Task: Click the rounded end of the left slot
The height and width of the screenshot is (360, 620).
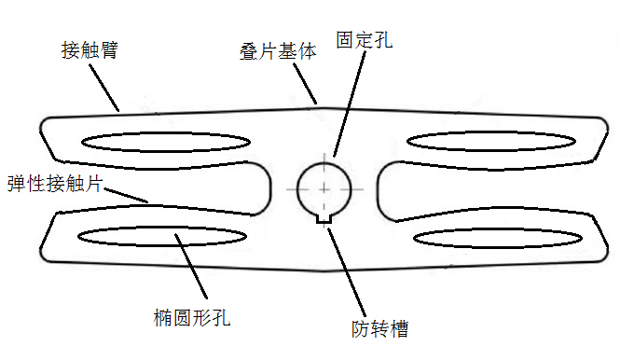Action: coord(266,187)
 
